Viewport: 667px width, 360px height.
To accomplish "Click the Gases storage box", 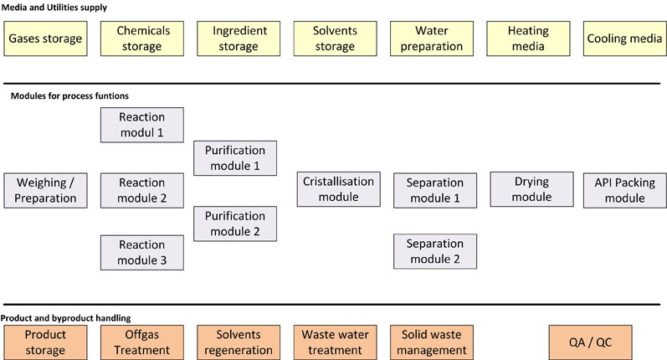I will pyautogui.click(x=46, y=39).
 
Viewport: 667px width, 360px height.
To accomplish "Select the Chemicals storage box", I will pyautogui.click(x=141, y=39).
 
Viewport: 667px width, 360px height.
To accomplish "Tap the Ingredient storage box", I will pyautogui.click(x=239, y=39).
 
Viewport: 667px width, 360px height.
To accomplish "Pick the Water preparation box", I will pyautogui.click(x=431, y=39).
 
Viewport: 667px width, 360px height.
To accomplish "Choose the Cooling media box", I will pyautogui.click(x=623, y=39).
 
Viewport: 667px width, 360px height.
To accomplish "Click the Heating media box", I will pyautogui.click(x=527, y=39).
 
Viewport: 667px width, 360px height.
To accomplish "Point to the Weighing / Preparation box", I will pyautogui.click(x=45, y=190).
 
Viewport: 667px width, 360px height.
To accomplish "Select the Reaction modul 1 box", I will pyautogui.click(x=141, y=125).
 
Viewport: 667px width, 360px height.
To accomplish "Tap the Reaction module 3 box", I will pyautogui.click(x=141, y=253).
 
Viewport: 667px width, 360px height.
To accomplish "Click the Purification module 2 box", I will pyautogui.click(x=235, y=223).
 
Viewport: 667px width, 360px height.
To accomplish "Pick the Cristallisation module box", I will pyautogui.click(x=338, y=189).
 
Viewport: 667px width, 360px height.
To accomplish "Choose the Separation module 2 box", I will pyautogui.click(x=434, y=251).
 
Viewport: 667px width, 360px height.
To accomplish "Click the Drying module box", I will pyautogui.click(x=532, y=189).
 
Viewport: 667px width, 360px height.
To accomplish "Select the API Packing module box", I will pyautogui.click(x=624, y=190).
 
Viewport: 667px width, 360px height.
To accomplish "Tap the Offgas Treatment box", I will pyautogui.click(x=141, y=342).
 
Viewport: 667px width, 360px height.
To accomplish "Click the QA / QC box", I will pyautogui.click(x=590, y=342).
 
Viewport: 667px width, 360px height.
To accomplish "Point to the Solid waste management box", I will pyautogui.click(x=433, y=342).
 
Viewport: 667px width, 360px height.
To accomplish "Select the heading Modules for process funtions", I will pyautogui.click(x=69, y=96).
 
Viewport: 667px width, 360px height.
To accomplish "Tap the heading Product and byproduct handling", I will pyautogui.click(x=65, y=318).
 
